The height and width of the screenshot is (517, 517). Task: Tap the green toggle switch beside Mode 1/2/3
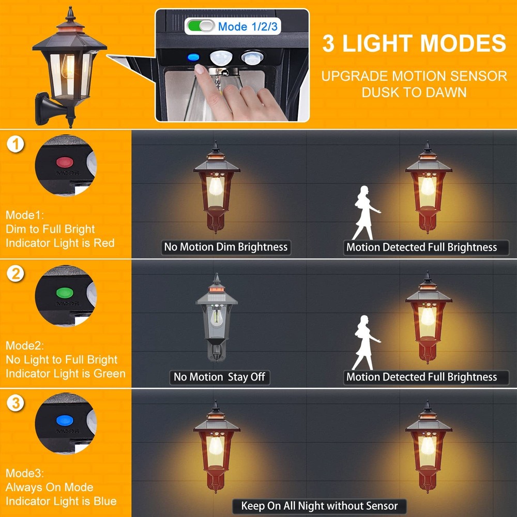coord(201,26)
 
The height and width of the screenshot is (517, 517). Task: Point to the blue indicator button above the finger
coord(194,57)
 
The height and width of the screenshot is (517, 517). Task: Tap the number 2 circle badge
coord(17,273)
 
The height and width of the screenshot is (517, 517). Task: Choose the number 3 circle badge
coord(17,402)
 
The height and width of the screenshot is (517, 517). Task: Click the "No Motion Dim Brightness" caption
coord(225,247)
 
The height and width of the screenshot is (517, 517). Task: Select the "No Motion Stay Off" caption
coord(219,377)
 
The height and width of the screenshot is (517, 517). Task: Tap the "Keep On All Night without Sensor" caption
coord(320,506)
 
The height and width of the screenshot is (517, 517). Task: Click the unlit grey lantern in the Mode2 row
coord(216,318)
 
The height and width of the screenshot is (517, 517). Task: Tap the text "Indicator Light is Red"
coord(60,243)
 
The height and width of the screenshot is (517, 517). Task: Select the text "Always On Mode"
coord(49,487)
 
